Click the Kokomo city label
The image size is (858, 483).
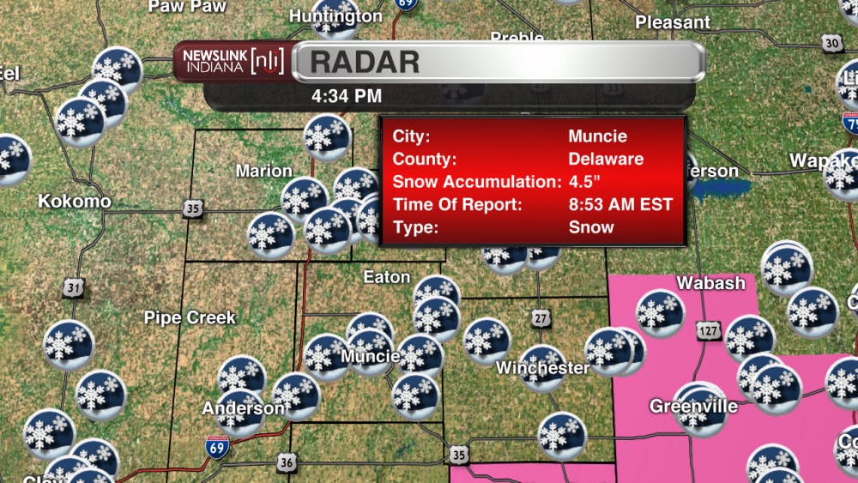click(x=75, y=202)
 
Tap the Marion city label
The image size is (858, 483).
click(x=264, y=171)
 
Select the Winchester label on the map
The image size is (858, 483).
click(x=543, y=368)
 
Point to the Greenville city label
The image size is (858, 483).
click(x=693, y=406)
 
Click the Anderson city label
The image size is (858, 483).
click(x=243, y=408)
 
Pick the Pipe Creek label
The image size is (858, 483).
click(x=190, y=317)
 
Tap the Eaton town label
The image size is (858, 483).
click(x=387, y=277)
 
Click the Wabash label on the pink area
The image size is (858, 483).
click(x=711, y=282)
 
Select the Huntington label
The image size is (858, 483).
click(x=335, y=16)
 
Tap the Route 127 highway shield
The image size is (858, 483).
click(x=709, y=331)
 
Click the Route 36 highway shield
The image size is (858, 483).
click(x=286, y=463)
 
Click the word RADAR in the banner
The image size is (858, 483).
click(x=365, y=62)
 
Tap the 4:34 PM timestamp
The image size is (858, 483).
click(x=347, y=96)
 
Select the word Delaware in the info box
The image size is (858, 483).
click(x=606, y=159)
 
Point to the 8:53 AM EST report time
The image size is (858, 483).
click(x=620, y=204)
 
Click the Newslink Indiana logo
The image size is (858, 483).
click(x=232, y=62)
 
